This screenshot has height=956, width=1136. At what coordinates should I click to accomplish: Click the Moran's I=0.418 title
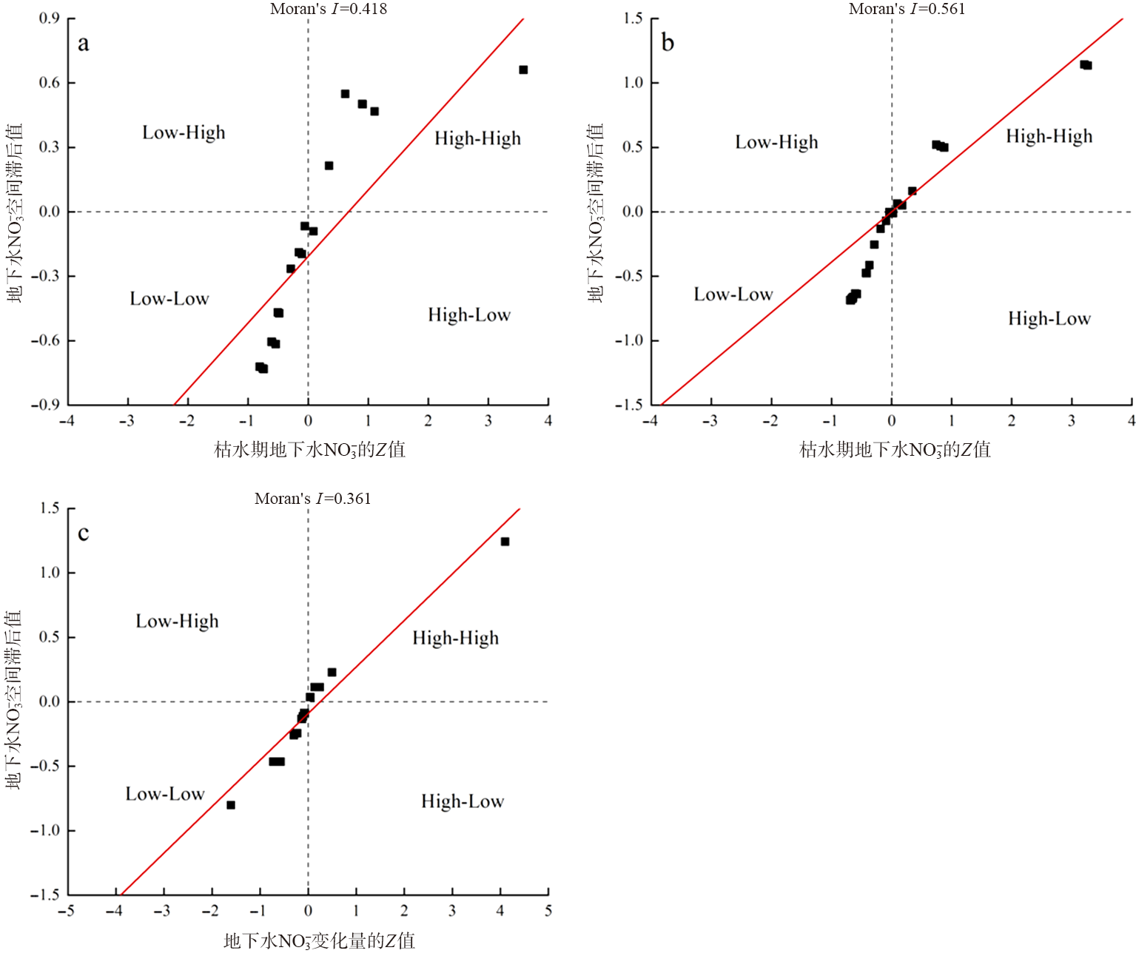[x=328, y=9]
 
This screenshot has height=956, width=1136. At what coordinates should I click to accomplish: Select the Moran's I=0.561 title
[x=907, y=9]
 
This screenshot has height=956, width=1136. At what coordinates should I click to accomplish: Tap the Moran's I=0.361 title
[x=312, y=499]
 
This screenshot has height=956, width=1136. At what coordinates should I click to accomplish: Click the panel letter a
[x=84, y=44]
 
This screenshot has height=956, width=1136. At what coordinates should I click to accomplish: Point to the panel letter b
[x=668, y=43]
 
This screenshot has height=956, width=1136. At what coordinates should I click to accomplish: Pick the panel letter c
[x=84, y=533]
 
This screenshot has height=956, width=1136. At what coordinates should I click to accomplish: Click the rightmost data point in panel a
[x=523, y=70]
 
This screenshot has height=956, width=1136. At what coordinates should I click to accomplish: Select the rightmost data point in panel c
[x=505, y=542]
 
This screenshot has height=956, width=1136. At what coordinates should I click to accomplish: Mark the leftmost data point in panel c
[x=231, y=805]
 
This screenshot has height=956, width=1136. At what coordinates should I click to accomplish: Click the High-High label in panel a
[x=477, y=138]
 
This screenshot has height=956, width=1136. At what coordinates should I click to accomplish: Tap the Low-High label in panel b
[x=776, y=142]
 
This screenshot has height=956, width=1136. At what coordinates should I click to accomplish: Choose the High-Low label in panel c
[x=463, y=801]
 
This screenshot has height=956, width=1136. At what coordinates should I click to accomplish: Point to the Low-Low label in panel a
[x=169, y=299]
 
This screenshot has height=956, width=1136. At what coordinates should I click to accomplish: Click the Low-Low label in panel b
[x=733, y=294]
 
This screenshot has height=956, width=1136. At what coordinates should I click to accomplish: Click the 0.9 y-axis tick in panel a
[x=50, y=18]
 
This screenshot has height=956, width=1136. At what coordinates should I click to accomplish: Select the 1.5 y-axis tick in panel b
[x=633, y=18]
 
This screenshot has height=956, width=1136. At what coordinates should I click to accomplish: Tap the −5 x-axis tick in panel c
[x=67, y=911]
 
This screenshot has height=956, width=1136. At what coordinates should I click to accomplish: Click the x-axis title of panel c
[x=319, y=940]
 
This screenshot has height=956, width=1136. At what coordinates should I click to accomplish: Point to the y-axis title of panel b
[x=596, y=213]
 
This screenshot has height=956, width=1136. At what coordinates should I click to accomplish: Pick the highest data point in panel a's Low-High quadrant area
[x=345, y=94]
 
